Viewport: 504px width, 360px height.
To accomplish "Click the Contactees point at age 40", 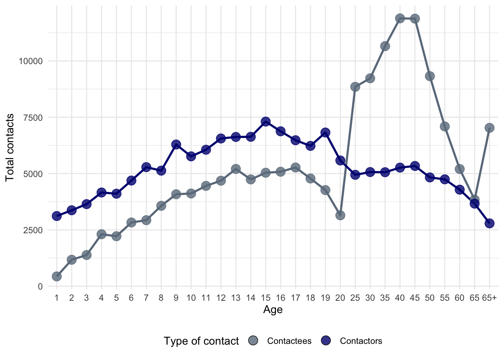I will coord(400,18).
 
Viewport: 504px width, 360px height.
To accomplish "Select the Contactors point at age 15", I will coord(265,121).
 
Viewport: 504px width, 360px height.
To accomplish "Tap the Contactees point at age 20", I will coord(340,215).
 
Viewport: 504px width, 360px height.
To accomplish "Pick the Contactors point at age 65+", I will coord(489,223).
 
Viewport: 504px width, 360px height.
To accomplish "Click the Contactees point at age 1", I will coord(57,276).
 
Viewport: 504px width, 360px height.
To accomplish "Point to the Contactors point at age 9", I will coord(176,144).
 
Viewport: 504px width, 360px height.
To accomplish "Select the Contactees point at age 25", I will coord(355,87).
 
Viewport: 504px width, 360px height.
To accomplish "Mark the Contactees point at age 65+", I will coord(489,128).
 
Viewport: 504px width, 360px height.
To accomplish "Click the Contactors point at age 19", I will coord(325,132).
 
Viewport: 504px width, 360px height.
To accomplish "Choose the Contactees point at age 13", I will coord(236,169).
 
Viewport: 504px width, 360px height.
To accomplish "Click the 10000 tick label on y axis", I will coord(31,61).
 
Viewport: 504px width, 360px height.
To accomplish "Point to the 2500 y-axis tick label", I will coord(33,230).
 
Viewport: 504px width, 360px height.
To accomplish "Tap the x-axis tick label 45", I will coord(415,298).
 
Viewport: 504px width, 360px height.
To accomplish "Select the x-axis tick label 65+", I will coord(489,298).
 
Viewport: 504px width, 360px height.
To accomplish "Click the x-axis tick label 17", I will coord(295,298).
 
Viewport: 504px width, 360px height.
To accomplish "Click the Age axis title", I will coord(273,310).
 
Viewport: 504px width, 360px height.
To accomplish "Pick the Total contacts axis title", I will coord(10,147).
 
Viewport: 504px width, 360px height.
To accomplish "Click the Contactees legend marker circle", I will coord(253,341).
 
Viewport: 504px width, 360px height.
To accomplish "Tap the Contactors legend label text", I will coord(361,341).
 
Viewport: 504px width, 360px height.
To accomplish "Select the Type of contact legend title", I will coord(201,341).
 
